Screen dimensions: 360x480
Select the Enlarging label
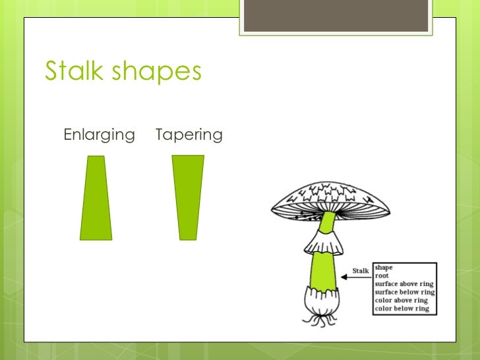pyautogui.click(x=99, y=135)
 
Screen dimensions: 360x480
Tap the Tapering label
pyautogui.click(x=189, y=135)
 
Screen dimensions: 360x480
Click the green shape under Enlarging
pyautogui.click(x=96, y=198)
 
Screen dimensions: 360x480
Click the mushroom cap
pyautogui.click(x=330, y=195)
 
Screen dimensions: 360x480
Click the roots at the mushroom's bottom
pyautogui.click(x=320, y=320)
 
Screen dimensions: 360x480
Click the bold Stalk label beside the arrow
pyautogui.click(x=361, y=271)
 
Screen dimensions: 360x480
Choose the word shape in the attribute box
pyautogui.click(x=384, y=268)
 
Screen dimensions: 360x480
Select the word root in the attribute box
pyautogui.click(x=382, y=276)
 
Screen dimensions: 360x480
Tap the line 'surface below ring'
pyautogui.click(x=404, y=292)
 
